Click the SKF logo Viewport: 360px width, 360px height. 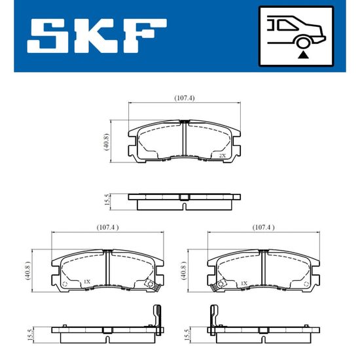click(97, 36)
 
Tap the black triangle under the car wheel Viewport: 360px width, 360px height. click(303, 55)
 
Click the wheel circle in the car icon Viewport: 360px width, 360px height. click(303, 43)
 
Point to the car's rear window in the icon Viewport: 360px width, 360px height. click(287, 26)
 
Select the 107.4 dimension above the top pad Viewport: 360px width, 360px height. click(185, 98)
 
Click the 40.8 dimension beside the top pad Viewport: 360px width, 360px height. click(107, 141)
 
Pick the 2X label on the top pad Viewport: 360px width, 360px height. click(223, 156)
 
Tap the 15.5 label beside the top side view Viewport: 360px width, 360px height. click(107, 200)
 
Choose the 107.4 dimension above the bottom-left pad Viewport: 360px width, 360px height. click(108, 228)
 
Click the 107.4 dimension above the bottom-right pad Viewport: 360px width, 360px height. click(263, 228)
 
